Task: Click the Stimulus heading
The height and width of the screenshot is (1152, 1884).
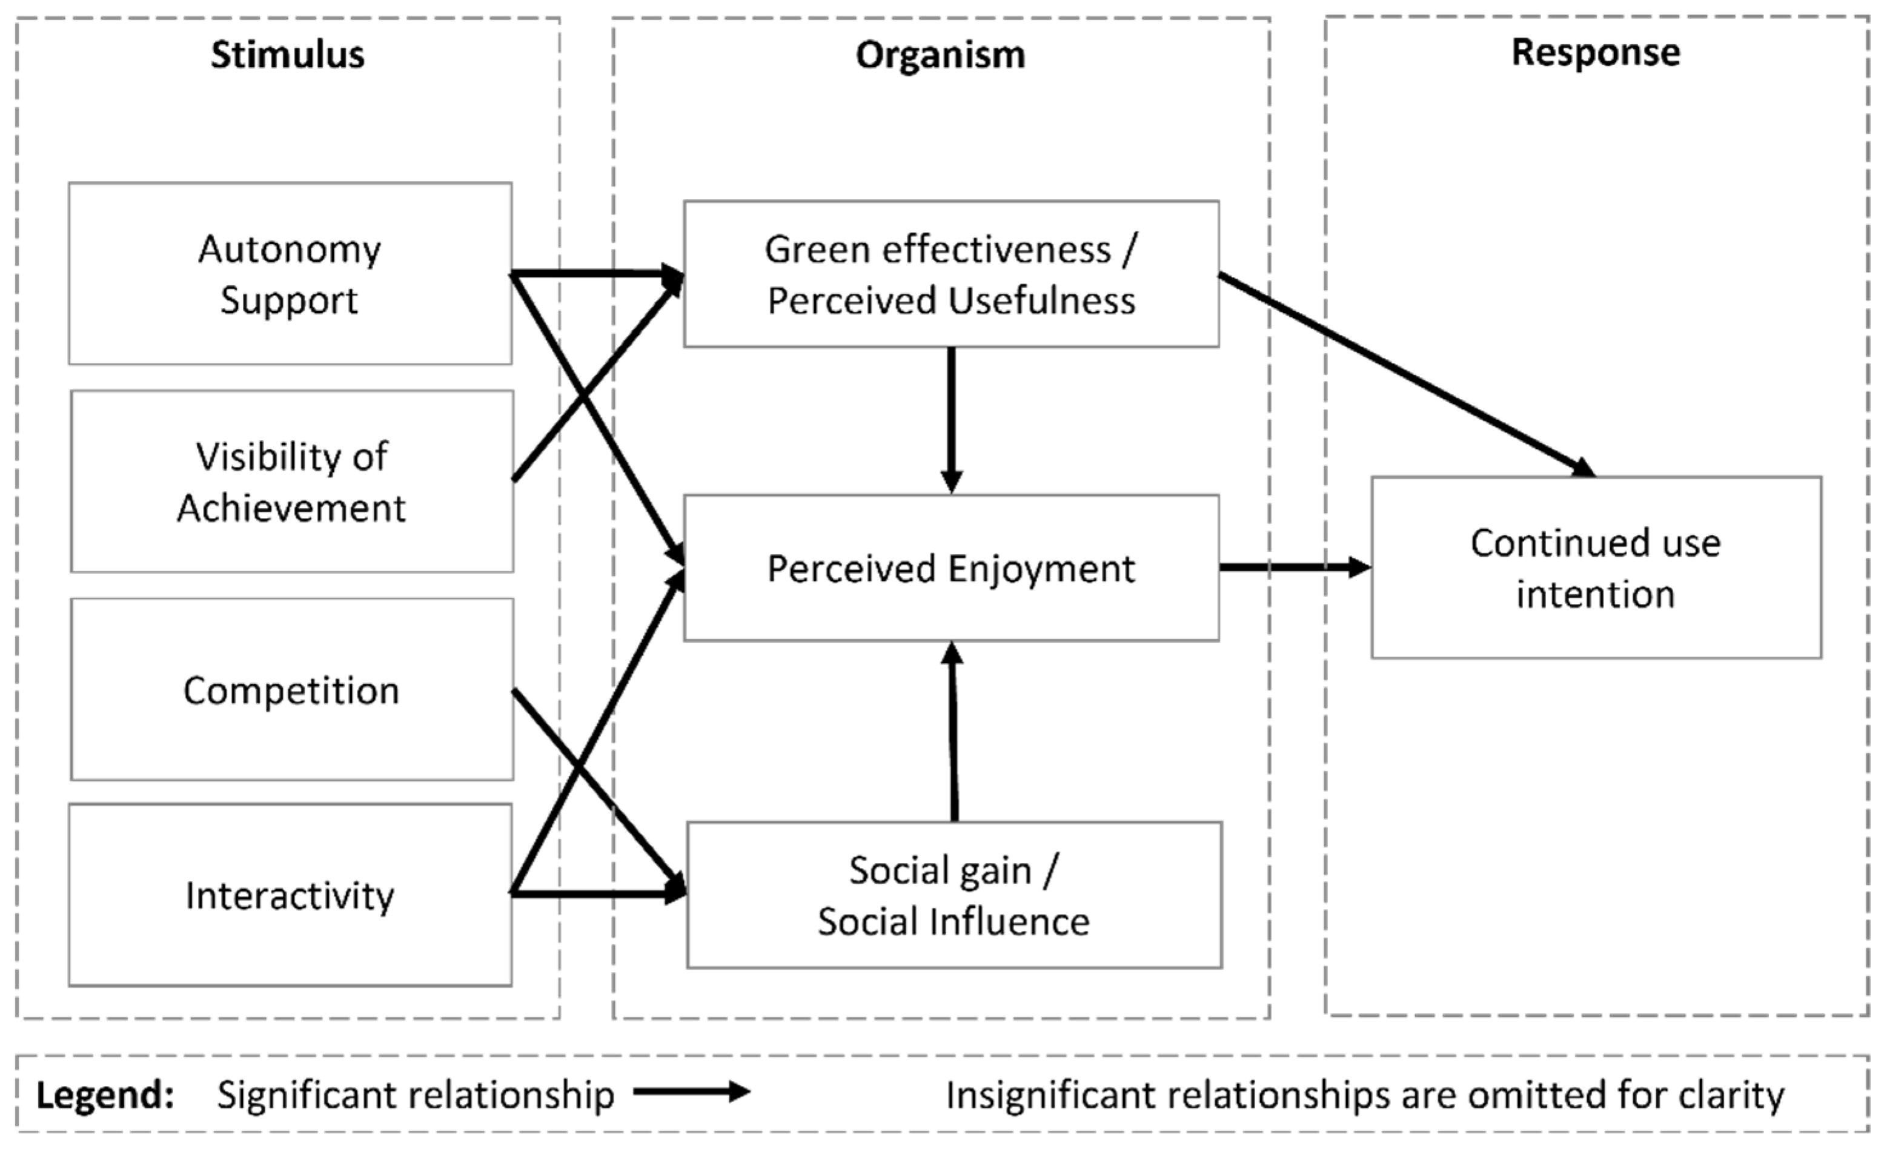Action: click(288, 55)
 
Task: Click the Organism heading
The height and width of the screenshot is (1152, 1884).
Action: click(940, 55)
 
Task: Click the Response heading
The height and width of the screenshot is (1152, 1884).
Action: click(1596, 53)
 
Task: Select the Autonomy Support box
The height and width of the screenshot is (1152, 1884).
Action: click(290, 273)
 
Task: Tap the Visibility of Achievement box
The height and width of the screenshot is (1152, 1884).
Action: click(291, 482)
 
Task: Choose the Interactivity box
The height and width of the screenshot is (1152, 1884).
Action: click(290, 895)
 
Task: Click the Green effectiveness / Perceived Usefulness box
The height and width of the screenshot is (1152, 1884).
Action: click(950, 274)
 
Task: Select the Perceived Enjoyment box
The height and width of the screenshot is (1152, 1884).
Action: click(950, 568)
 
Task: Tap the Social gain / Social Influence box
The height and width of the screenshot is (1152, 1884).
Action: click(954, 895)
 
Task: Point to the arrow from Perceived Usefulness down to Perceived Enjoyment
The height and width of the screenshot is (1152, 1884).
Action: click(951, 420)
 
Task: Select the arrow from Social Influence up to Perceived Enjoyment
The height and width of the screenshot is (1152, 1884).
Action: click(954, 734)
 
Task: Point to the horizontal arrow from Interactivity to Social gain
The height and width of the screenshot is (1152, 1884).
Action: click(596, 892)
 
